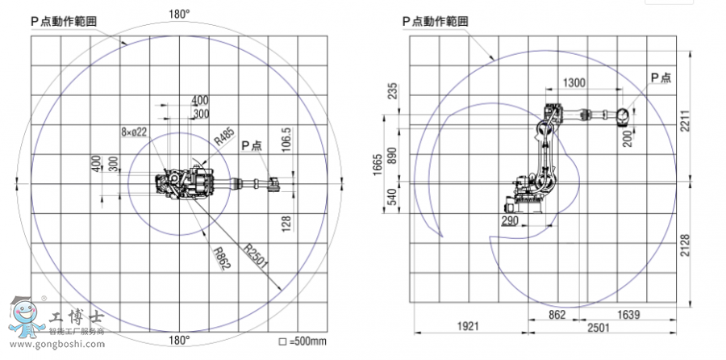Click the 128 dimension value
tap(286, 223)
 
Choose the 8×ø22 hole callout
tap(134, 132)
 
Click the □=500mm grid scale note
tap(302, 341)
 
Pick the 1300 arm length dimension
tap(574, 82)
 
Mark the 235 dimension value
tap(393, 90)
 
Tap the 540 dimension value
tap(393, 196)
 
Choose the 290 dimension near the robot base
tap(508, 220)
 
